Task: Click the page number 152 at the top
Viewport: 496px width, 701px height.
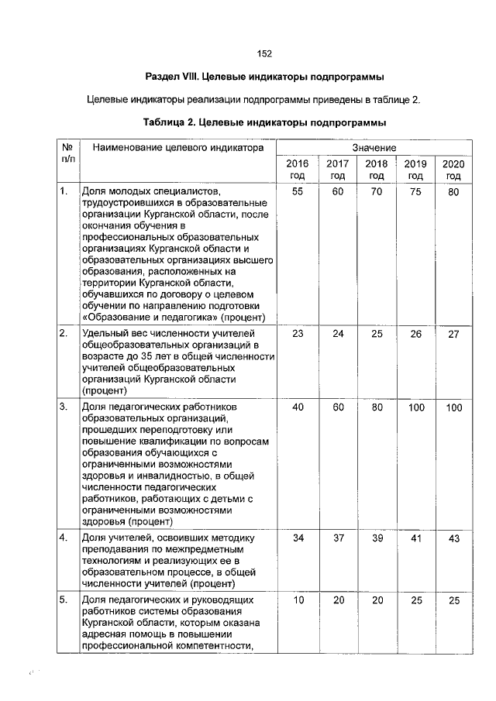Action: pos(264,53)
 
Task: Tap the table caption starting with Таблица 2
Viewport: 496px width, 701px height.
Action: pos(264,122)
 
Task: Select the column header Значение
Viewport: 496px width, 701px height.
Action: pos(374,147)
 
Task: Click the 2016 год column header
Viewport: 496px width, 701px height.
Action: pos(297,170)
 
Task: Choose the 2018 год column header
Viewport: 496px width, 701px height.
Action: pos(376,170)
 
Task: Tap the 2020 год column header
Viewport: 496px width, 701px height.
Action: pos(453,170)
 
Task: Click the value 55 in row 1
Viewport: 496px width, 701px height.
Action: pos(297,191)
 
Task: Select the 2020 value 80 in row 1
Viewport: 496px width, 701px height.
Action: pos(453,191)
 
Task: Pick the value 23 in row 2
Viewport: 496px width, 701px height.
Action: pos(297,334)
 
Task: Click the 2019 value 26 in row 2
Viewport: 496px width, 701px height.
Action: pos(415,334)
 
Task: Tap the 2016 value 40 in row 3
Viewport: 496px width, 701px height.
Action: pos(297,407)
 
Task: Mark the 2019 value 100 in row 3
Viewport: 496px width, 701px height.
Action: pos(415,407)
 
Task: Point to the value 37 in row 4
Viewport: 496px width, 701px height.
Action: pos(336,538)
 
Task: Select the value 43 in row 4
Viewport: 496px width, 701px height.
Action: pos(453,538)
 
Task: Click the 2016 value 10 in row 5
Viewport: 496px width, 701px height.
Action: pos(297,600)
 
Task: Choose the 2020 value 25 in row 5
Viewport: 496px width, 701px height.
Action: pos(453,600)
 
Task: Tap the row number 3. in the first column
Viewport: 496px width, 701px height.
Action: pos(64,407)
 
